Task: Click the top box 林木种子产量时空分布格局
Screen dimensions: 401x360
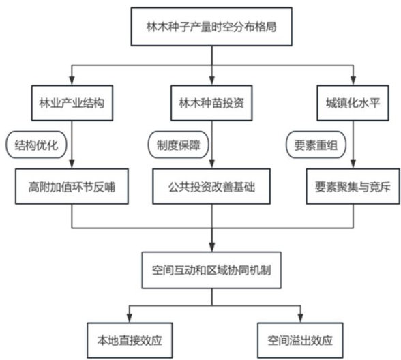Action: coord(211,27)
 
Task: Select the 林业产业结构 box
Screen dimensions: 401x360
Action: coord(72,103)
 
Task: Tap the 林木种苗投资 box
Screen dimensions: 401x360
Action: coord(211,103)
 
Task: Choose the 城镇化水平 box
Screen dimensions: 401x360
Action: coord(353,103)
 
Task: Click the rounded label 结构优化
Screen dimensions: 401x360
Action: coord(36,145)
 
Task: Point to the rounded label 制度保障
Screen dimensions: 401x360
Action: coord(178,145)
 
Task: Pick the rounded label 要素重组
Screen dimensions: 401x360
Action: coord(316,145)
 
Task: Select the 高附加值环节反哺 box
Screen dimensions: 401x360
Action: coord(72,186)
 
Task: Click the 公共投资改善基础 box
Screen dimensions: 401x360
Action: coord(211,186)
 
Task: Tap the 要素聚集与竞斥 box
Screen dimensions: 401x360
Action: coord(353,186)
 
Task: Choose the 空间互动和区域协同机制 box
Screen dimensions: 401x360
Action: coord(211,270)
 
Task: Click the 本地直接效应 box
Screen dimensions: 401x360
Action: coord(130,340)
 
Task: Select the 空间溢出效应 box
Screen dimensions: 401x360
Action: coord(300,340)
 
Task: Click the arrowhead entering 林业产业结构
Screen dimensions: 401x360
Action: coord(72,80)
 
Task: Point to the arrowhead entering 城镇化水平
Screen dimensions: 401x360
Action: coord(353,80)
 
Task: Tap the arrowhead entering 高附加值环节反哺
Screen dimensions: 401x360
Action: coord(72,164)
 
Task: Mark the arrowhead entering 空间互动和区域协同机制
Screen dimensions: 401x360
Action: coord(211,247)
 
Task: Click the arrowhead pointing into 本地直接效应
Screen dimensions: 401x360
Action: coord(130,318)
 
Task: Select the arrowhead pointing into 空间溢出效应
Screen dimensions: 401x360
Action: coord(301,318)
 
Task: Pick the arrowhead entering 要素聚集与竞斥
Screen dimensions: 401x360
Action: coord(353,164)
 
